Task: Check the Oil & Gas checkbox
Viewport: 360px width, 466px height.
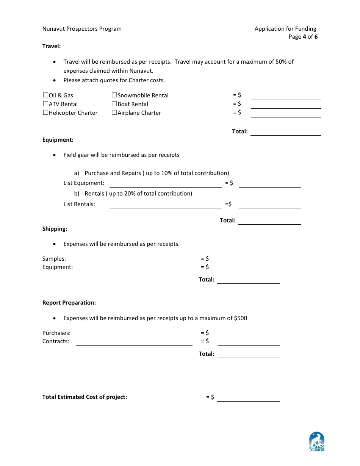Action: [45, 95]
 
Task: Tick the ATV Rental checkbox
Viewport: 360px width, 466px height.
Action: [45, 104]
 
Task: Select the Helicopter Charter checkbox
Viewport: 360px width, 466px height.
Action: [45, 113]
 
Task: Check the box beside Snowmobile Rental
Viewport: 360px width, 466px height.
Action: [114, 95]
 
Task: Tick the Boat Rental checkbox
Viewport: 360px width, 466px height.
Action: [114, 104]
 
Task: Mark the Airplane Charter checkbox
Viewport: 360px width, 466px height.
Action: [114, 113]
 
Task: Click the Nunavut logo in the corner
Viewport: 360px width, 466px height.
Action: [317, 442]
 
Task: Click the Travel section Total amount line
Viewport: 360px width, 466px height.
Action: [285, 132]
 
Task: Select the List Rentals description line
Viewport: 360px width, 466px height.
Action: [166, 205]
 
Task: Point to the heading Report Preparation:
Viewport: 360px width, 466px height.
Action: [69, 303]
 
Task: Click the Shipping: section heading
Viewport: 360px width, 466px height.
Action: [55, 229]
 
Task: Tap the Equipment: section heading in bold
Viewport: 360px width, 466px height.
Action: [58, 140]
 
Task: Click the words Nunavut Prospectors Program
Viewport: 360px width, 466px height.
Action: [82, 29]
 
